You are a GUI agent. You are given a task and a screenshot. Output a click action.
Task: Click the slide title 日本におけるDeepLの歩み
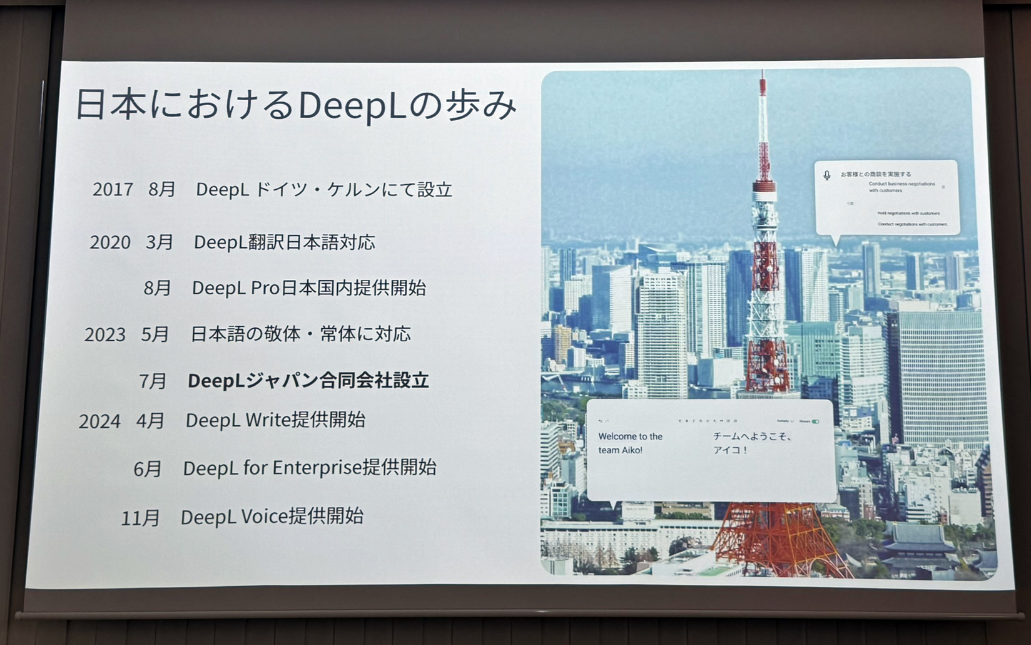pyautogui.click(x=296, y=105)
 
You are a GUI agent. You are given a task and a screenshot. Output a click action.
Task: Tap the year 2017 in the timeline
pyautogui.click(x=113, y=189)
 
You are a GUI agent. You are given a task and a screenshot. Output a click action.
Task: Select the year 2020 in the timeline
pyautogui.click(x=110, y=242)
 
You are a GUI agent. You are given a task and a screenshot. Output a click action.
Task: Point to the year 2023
pyautogui.click(x=105, y=334)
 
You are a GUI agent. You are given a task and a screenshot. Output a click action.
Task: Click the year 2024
pyautogui.click(x=99, y=421)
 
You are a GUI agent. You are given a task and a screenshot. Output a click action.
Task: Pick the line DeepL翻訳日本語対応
pyautogui.click(x=285, y=242)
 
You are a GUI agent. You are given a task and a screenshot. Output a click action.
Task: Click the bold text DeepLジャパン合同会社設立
pyautogui.click(x=308, y=380)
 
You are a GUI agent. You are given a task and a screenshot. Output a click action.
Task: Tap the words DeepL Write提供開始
pyautogui.click(x=275, y=420)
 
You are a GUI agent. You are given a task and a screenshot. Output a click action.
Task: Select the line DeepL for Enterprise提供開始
pyautogui.click(x=310, y=467)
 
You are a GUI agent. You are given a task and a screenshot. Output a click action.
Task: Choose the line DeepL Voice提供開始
pyautogui.click(x=272, y=517)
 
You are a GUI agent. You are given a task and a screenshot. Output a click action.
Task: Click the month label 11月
pyautogui.click(x=140, y=519)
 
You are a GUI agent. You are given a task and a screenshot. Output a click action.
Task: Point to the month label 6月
pyautogui.click(x=148, y=468)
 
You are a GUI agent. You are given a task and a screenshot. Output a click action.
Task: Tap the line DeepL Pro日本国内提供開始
pyautogui.click(x=309, y=288)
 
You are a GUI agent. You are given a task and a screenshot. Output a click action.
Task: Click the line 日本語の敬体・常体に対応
pyautogui.click(x=301, y=334)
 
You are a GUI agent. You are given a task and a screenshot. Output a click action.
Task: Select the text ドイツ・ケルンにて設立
pyautogui.click(x=354, y=189)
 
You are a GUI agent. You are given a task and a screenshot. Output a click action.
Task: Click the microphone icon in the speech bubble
pyautogui.click(x=827, y=175)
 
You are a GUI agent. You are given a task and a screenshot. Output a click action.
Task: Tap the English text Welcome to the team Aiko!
pyautogui.click(x=630, y=443)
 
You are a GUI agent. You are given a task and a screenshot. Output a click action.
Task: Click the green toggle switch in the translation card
pyautogui.click(x=815, y=421)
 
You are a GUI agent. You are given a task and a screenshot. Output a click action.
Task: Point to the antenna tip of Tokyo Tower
pyautogui.click(x=762, y=74)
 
